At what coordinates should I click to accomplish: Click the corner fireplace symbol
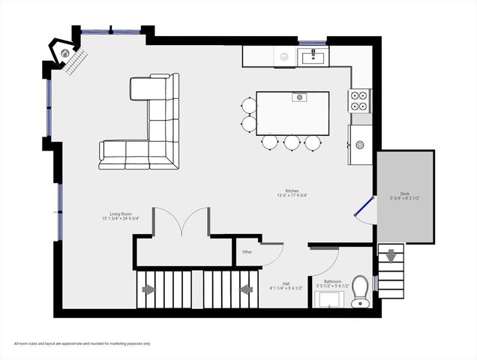66,53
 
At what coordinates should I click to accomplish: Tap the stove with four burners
359,95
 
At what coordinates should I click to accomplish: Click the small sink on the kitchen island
298,96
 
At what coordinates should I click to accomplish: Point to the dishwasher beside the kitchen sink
284,55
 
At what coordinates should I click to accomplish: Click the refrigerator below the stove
360,144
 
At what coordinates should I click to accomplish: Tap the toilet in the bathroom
361,289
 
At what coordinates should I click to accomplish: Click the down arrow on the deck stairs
391,256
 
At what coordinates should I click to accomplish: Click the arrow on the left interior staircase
148,289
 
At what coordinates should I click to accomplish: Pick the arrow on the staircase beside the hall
244,289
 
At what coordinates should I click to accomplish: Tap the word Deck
404,193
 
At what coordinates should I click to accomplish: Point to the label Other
247,252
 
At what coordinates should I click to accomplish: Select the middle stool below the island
291,141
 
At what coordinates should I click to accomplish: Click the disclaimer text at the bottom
82,343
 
